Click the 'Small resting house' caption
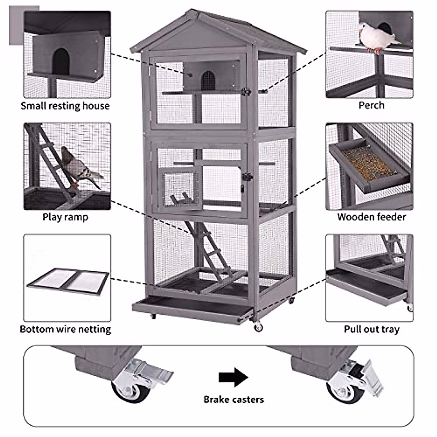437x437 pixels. tap(65, 106)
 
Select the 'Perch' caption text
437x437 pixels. tap(371, 105)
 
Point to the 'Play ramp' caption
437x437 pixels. tap(65, 217)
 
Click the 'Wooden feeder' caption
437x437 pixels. tap(371, 217)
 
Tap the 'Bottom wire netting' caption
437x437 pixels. tap(65, 329)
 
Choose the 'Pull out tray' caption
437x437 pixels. tap(371, 329)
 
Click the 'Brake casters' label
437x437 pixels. tap(233, 399)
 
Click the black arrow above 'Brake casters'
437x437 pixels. tap(233, 377)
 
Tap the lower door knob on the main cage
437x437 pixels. tap(248, 177)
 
